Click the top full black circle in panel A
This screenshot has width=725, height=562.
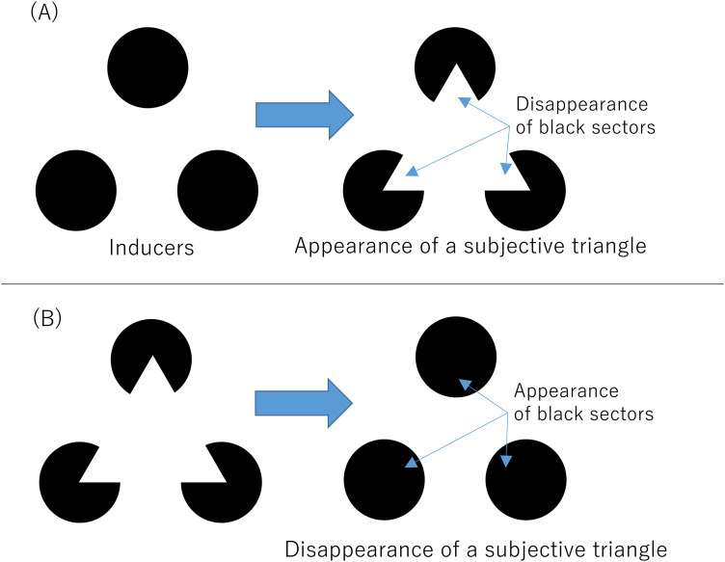tap(148, 67)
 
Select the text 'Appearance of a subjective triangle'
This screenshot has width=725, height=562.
tap(470, 247)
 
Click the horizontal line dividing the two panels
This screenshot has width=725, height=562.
tap(362, 283)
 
